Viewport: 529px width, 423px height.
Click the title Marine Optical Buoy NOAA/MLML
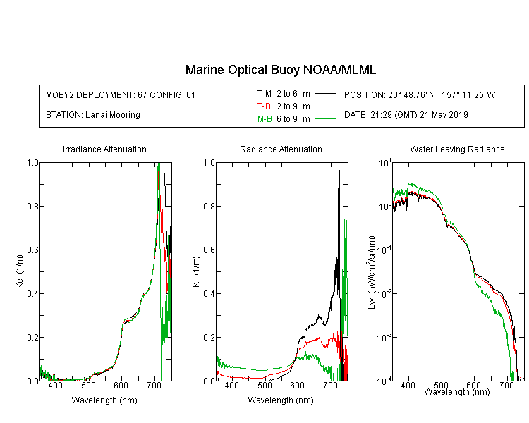point(280,70)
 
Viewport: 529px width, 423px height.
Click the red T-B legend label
point(264,106)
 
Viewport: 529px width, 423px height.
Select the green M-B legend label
point(264,119)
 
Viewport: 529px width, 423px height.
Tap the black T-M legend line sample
point(325,94)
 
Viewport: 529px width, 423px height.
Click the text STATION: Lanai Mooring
point(93,115)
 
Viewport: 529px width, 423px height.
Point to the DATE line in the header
point(406,115)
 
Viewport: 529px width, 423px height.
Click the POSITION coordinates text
point(420,94)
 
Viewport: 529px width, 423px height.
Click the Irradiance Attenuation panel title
point(104,149)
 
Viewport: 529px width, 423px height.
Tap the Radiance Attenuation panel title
point(281,149)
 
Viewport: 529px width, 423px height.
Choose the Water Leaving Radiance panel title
point(457,149)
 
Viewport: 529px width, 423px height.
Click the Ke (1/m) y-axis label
point(20,271)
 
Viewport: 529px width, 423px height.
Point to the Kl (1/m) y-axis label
point(196,272)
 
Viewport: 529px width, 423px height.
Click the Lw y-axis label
point(371,272)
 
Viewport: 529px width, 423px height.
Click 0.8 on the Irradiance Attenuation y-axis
point(33,206)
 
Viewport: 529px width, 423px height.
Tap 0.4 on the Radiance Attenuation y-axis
point(209,293)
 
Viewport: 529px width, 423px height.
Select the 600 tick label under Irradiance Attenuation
point(121,385)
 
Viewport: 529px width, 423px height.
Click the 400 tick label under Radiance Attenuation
point(232,385)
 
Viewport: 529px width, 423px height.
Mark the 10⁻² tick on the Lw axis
point(384,293)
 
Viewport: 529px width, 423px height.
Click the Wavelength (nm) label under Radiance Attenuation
point(281,400)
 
